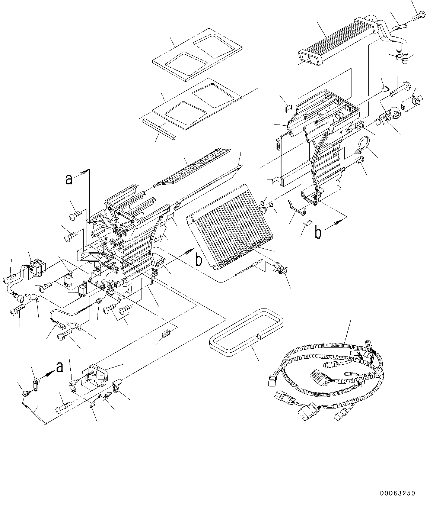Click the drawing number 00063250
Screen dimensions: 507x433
[x=397, y=493]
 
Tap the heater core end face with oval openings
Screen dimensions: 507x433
[x=309, y=57]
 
